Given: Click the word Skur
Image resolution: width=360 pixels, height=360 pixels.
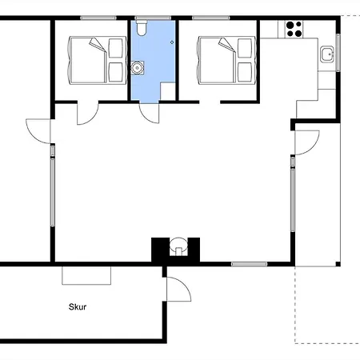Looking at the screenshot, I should coord(78,305).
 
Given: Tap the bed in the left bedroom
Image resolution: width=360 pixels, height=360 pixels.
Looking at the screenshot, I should coord(96,59).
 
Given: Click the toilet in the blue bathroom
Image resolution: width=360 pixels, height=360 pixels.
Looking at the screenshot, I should coord(142,30).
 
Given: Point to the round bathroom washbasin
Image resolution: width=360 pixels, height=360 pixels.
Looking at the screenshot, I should coord(139,69).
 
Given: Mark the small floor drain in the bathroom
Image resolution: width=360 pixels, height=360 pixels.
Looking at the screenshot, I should coord(170,41).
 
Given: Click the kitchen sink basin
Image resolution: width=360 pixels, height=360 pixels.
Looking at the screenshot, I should coord(326,54).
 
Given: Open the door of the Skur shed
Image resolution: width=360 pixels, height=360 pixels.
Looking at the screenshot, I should coord(178,290).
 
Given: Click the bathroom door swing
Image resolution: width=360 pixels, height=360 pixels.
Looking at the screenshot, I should coord(148,113).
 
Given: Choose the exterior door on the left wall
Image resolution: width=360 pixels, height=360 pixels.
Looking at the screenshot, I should coord(38,130).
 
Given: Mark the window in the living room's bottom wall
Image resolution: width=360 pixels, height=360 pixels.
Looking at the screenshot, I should coord(249,263).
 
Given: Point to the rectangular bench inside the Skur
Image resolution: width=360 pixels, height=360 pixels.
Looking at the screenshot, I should coord(86,274).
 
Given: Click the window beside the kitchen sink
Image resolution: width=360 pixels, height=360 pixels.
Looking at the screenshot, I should coord(339,53).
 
